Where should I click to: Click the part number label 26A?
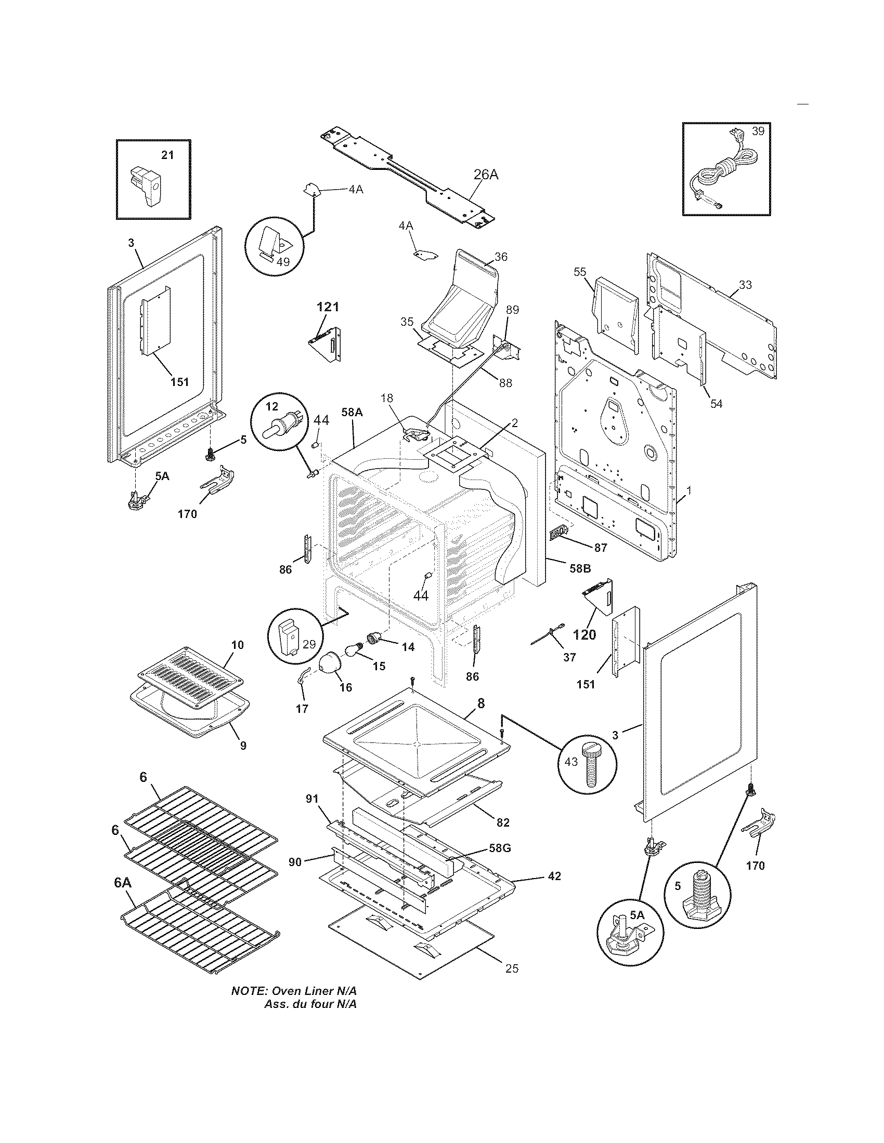pos(486,174)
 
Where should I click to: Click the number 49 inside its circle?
pos(283,262)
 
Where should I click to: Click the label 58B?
pos(580,568)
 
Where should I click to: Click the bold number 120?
pos(584,635)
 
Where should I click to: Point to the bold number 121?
pos(328,307)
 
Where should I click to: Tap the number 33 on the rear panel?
pos(745,285)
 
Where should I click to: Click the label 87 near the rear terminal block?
pos(600,548)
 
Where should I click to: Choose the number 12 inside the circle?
pos(272,406)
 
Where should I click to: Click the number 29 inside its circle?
pos(309,644)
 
